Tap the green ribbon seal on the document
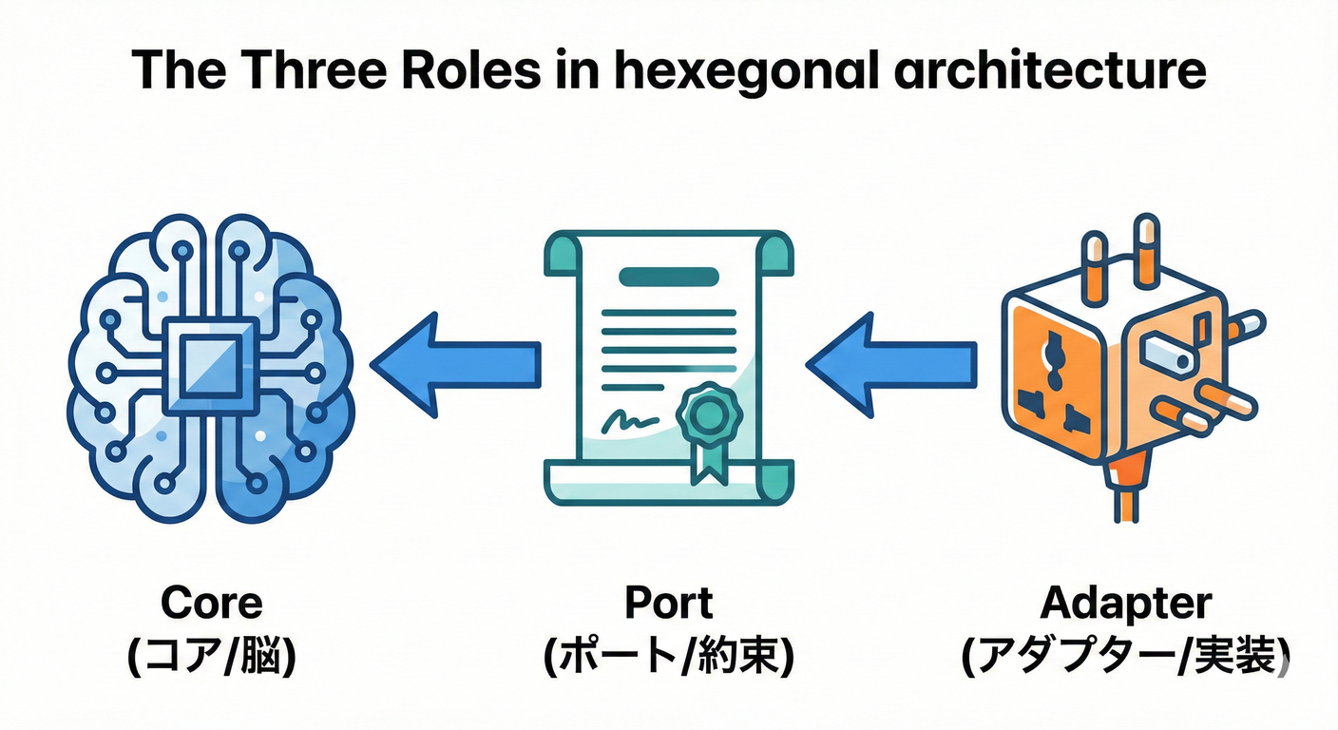click(705, 416)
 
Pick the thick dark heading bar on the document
click(668, 277)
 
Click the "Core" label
click(211, 603)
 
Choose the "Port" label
click(669, 603)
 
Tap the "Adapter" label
click(1126, 603)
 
